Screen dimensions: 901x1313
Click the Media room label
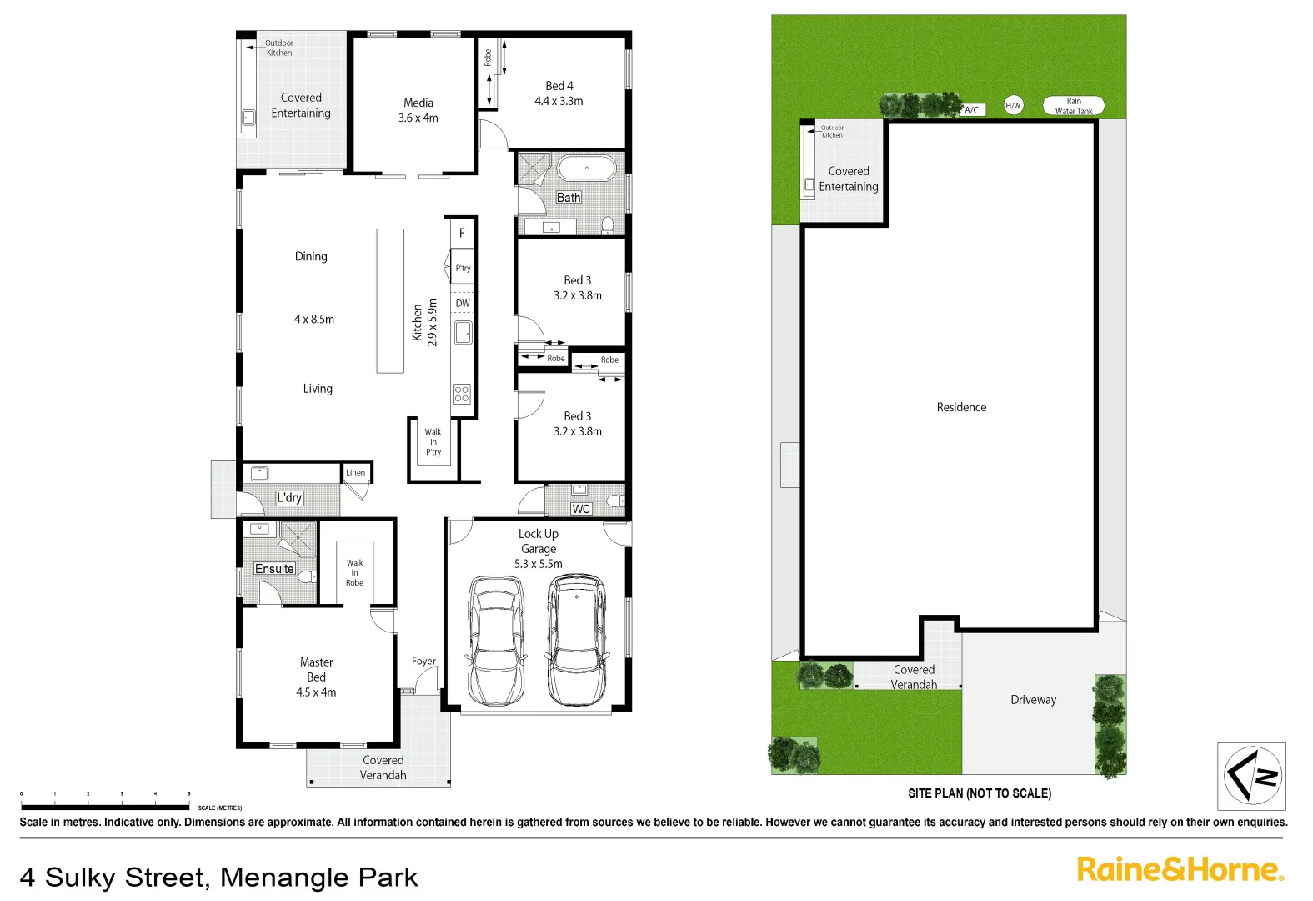(x=418, y=103)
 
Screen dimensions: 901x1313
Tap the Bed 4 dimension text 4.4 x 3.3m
(x=559, y=101)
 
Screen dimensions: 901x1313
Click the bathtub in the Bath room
(x=586, y=168)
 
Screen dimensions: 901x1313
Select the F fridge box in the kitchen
(x=463, y=233)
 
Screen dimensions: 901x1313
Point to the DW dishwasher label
(x=463, y=304)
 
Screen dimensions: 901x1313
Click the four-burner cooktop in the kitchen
(x=462, y=394)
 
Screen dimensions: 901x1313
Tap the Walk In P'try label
(x=433, y=442)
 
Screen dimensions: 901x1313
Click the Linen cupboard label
(x=356, y=472)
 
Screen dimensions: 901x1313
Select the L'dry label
(x=289, y=498)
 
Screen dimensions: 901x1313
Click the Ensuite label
(x=274, y=569)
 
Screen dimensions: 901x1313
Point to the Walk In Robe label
(x=354, y=572)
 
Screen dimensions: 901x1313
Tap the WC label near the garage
(x=581, y=509)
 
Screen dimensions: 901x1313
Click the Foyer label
(x=423, y=661)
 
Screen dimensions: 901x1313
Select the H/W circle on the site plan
(x=1013, y=105)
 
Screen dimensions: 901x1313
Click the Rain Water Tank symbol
(x=1074, y=106)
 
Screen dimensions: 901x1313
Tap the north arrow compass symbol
(x=1251, y=776)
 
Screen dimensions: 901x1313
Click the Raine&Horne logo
(x=1180, y=870)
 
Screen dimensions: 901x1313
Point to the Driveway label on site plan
(x=1033, y=700)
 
